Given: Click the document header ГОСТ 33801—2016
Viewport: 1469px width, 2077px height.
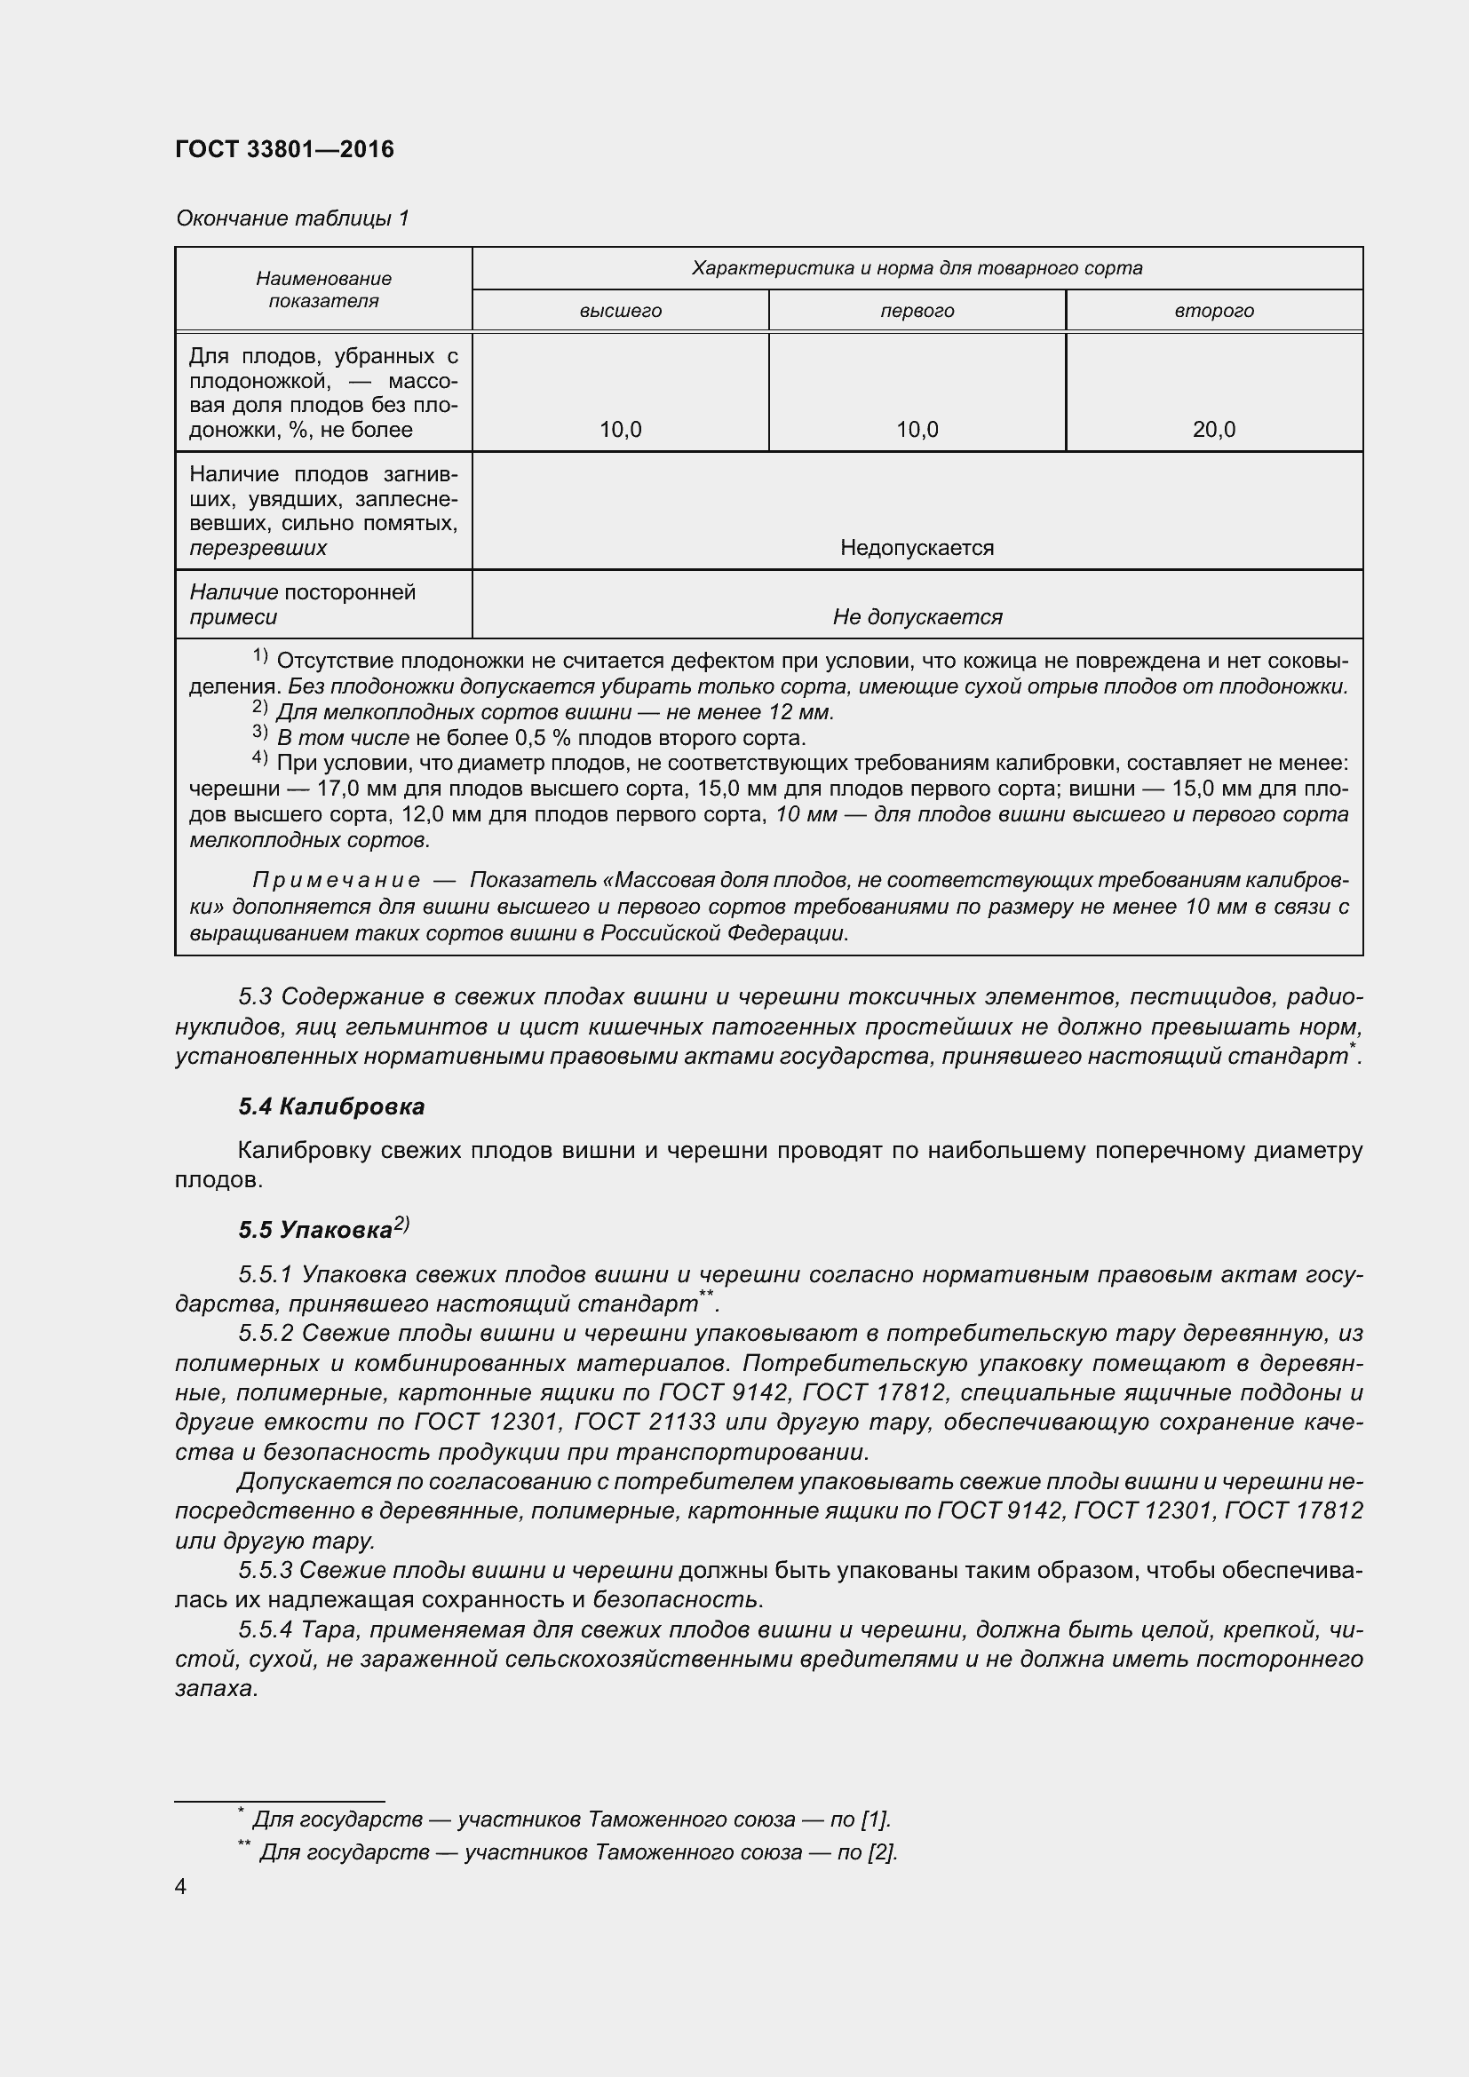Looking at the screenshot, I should pyautogui.click(x=284, y=149).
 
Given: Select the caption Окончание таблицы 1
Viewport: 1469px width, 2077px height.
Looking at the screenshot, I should pyautogui.click(x=292, y=218).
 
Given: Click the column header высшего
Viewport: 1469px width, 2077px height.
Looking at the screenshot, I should pyautogui.click(x=621, y=311).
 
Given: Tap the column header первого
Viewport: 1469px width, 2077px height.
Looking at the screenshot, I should pyautogui.click(x=917, y=311).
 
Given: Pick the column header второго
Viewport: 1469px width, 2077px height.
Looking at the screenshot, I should pyautogui.click(x=1214, y=311).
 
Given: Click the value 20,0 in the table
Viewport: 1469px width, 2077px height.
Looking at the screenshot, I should pyautogui.click(x=1214, y=430).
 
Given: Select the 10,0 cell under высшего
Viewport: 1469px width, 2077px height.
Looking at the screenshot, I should pyautogui.click(x=621, y=430).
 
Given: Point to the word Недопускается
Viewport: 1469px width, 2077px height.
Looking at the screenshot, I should pyautogui.click(x=917, y=548).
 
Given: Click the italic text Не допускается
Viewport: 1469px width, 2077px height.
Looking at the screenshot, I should pyautogui.click(x=917, y=617).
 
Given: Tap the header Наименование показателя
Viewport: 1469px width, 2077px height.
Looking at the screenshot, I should pyautogui.click(x=323, y=289).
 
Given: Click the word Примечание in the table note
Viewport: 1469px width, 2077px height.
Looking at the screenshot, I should pyautogui.click(x=337, y=881).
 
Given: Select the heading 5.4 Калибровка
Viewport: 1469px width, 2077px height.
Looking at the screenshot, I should pyautogui.click(x=331, y=1106).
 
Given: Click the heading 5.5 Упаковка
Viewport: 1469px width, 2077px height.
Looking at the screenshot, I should pyautogui.click(x=315, y=1230).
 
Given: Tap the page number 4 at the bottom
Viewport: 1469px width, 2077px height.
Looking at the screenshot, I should pyautogui.click(x=181, y=1887).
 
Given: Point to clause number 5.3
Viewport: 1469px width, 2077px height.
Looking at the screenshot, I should pyautogui.click(x=255, y=997).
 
